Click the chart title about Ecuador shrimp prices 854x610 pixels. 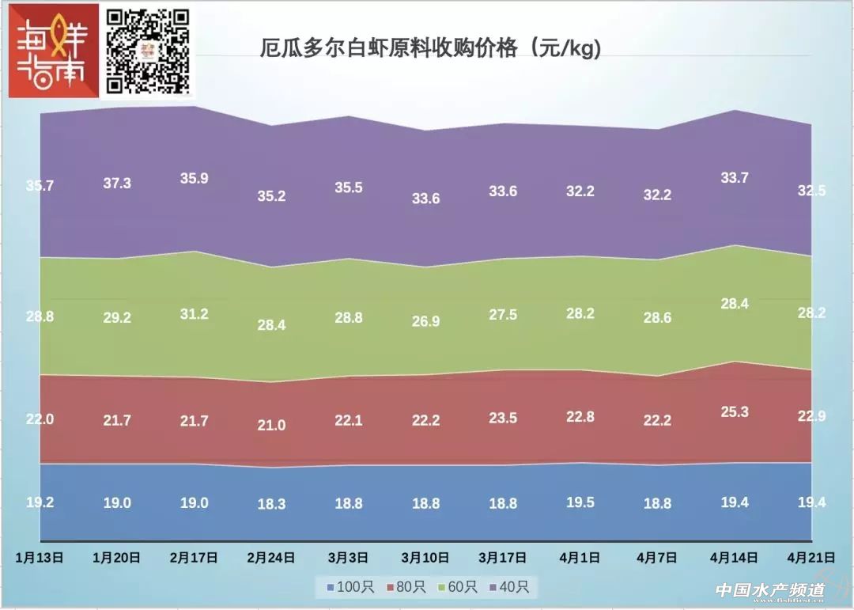[431, 48]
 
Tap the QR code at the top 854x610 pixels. [149, 51]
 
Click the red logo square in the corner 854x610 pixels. [54, 51]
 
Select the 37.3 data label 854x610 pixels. [117, 183]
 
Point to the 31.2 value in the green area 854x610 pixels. [194, 314]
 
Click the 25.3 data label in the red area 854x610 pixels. [735, 411]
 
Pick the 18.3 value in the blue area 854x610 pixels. [271, 504]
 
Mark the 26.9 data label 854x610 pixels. [425, 321]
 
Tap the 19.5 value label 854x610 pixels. [580, 502]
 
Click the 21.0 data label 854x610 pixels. [271, 425]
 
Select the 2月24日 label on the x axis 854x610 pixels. [271, 557]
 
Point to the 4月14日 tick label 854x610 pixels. [735, 557]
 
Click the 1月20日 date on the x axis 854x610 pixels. [117, 557]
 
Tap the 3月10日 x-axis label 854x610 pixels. [425, 557]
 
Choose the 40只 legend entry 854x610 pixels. [512, 588]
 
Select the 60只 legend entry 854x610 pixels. [456, 588]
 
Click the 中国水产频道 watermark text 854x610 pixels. [769, 591]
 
